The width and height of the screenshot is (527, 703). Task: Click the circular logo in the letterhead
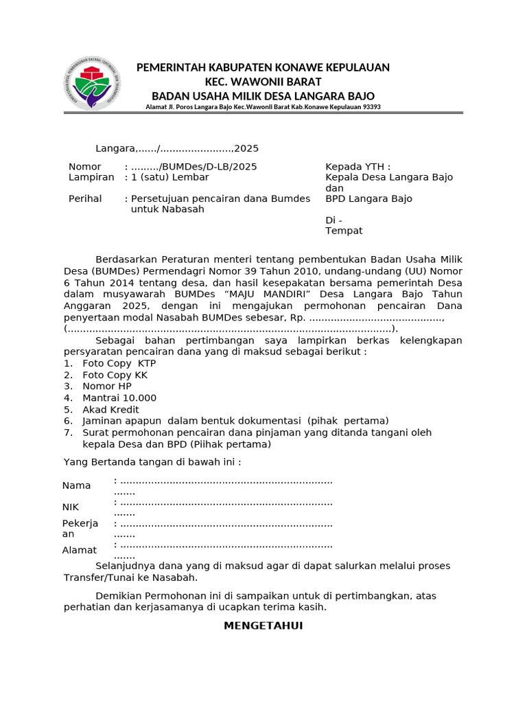pyautogui.click(x=92, y=83)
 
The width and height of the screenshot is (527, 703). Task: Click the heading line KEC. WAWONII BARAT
pyautogui.click(x=263, y=81)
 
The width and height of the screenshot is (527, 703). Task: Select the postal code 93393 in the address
pyautogui.click(x=371, y=107)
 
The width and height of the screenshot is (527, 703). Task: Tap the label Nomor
pyautogui.click(x=84, y=167)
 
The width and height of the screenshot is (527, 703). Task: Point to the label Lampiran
pyautogui.click(x=91, y=177)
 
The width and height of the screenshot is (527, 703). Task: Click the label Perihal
pyautogui.click(x=85, y=198)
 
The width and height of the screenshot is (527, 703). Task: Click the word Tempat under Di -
pyautogui.click(x=343, y=231)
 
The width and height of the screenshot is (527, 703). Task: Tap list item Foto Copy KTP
pyautogui.click(x=119, y=363)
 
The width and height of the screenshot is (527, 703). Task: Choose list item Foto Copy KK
pyautogui.click(x=115, y=375)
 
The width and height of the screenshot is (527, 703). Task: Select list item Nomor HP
pyautogui.click(x=106, y=386)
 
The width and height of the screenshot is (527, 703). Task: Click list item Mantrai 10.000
pyautogui.click(x=119, y=397)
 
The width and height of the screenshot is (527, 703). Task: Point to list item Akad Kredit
pyautogui.click(x=110, y=409)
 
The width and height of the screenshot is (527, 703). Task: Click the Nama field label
pyautogui.click(x=77, y=485)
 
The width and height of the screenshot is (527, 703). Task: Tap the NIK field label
pyautogui.click(x=71, y=507)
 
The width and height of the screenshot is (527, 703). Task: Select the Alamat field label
pyautogui.click(x=80, y=550)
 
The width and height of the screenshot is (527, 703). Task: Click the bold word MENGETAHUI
pyautogui.click(x=263, y=625)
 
